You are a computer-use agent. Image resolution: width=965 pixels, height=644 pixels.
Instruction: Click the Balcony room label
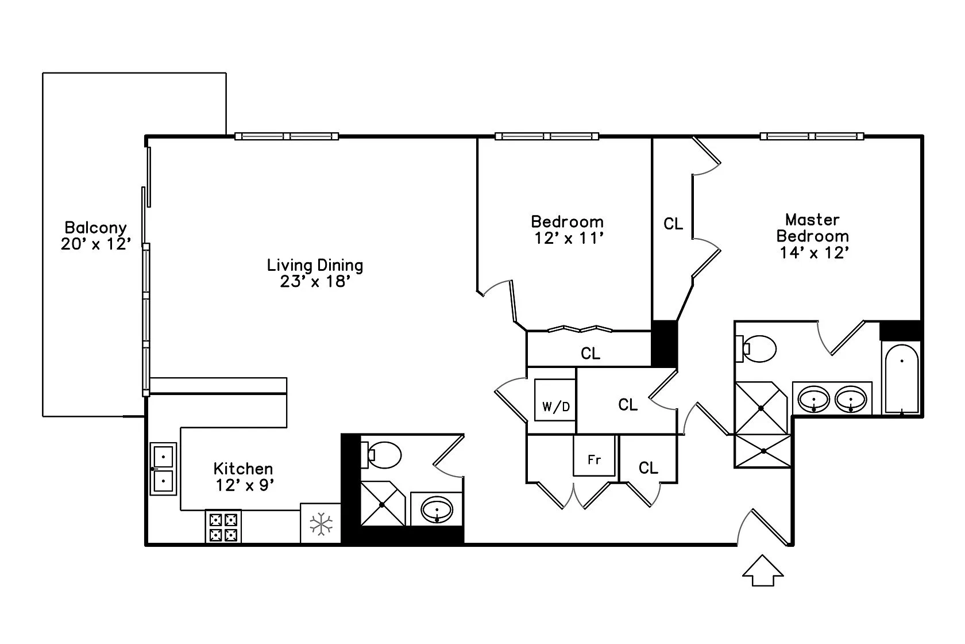[x=95, y=228]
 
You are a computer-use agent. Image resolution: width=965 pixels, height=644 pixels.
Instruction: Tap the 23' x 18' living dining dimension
[x=315, y=282]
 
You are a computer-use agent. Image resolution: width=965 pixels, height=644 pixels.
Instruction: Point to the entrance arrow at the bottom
[x=763, y=570]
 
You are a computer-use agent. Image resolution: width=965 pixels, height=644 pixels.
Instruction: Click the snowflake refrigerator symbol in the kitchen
[x=321, y=524]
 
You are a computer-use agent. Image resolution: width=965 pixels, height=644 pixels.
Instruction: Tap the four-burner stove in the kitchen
[x=223, y=527]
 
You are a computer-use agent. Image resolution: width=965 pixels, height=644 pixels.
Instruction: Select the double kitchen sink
[x=163, y=469]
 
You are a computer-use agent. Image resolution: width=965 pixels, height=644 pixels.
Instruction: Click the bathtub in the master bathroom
[x=902, y=378]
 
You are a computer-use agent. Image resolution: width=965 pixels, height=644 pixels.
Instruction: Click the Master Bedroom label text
[x=812, y=228]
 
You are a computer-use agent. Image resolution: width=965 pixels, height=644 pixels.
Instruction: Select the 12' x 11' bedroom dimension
[x=568, y=238]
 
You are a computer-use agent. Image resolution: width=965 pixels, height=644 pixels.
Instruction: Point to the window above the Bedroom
[x=546, y=136]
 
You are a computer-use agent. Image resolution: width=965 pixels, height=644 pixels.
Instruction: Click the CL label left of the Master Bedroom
[x=673, y=224]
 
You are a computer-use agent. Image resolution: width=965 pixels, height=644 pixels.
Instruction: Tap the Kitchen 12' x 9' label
[x=243, y=477]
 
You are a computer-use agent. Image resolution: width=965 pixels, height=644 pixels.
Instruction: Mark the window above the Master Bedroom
[x=812, y=136]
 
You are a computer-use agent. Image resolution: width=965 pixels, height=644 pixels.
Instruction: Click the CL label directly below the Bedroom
[x=590, y=353]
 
